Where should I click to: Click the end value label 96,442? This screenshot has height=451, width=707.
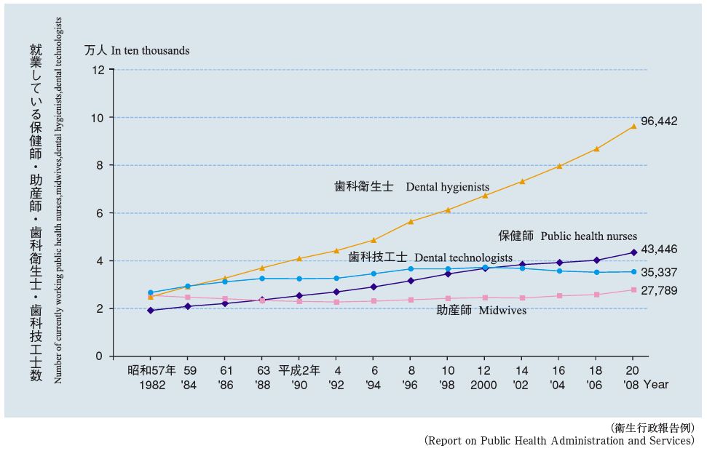point(658,121)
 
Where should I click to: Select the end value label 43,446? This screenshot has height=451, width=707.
point(658,250)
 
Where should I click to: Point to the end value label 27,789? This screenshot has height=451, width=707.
point(658,291)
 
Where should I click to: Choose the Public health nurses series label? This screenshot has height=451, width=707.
point(567,236)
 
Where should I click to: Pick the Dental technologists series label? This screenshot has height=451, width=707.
point(430,258)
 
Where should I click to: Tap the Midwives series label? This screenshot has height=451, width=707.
point(481,311)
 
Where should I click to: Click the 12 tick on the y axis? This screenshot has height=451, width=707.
point(98,70)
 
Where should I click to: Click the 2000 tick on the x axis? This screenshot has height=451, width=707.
point(483,384)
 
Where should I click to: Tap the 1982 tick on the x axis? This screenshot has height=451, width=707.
point(151,384)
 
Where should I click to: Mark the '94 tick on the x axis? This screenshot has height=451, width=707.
point(373,384)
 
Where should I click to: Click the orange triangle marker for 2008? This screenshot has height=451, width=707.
point(633,126)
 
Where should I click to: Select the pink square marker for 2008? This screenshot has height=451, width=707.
point(633,290)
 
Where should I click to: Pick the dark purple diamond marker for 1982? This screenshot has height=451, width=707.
point(151,311)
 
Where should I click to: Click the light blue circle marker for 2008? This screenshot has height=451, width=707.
point(633,272)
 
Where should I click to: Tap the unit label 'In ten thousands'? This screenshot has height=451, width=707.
point(150,51)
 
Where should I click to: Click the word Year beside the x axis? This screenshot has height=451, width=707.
point(655,384)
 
